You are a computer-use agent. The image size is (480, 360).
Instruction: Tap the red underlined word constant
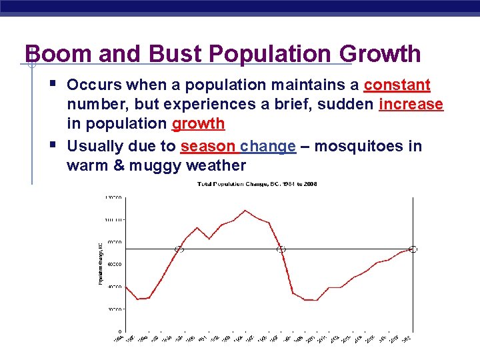[397, 86]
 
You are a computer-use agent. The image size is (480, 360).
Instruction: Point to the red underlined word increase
[411, 105]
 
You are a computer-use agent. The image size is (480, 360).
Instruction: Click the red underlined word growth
[199, 125]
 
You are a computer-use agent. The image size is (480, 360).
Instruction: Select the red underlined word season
[208, 146]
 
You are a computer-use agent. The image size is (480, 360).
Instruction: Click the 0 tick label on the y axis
[120, 331]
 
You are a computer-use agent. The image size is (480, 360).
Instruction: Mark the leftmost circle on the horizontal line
[179, 249]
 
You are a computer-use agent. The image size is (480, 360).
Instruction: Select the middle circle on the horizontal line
[281, 249]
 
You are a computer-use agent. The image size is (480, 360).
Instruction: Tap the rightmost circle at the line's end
[413, 249]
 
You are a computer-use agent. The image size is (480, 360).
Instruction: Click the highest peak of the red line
[245, 211]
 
